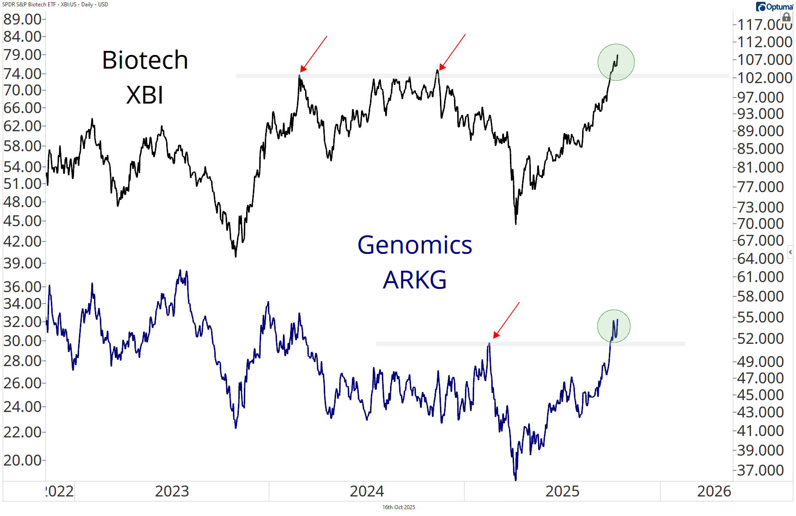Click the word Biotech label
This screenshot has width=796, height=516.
[x=145, y=60]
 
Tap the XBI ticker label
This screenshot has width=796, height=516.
[x=144, y=95]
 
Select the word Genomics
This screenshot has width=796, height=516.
[x=415, y=245]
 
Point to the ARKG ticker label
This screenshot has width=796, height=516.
[x=415, y=280]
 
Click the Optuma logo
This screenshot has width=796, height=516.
[x=774, y=7]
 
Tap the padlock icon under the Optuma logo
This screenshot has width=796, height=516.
[x=786, y=17]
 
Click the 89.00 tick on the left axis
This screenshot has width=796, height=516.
[x=22, y=19]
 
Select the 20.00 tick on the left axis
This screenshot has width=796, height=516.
[x=22, y=460]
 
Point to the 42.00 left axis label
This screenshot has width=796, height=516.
[x=22, y=241]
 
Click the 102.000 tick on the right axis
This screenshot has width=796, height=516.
[x=765, y=78]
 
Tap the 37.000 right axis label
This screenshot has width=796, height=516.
[x=761, y=470]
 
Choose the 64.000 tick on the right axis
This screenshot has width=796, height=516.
[x=761, y=258]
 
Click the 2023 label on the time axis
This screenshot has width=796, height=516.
[x=172, y=491]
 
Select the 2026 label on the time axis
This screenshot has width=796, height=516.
[x=714, y=491]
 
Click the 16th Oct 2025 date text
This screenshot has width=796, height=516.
[x=398, y=507]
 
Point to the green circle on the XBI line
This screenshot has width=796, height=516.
[x=616, y=62]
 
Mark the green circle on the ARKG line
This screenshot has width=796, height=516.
[x=614, y=326]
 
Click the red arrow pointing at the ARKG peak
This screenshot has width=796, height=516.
[x=506, y=321]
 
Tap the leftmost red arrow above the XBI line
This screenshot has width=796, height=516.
[x=313, y=54]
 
